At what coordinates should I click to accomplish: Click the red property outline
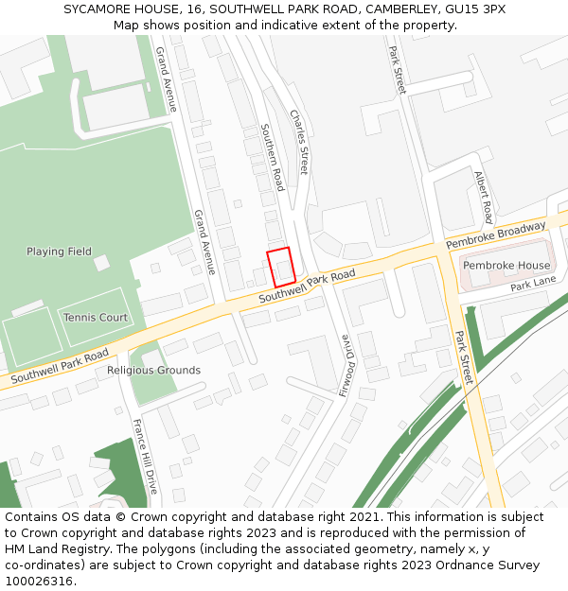(x=280, y=267)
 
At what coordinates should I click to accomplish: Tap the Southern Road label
(x=273, y=157)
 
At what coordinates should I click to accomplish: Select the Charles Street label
(x=299, y=142)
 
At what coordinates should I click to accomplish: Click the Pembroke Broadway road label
(x=496, y=236)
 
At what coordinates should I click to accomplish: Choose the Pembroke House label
(x=506, y=266)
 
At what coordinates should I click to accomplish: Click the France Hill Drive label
(x=144, y=457)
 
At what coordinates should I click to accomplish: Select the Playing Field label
(x=59, y=252)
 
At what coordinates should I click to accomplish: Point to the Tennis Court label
(x=96, y=318)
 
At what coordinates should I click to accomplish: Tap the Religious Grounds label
(x=153, y=371)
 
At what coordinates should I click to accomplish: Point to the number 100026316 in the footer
(x=38, y=582)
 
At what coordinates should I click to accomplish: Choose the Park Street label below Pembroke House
(x=463, y=357)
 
